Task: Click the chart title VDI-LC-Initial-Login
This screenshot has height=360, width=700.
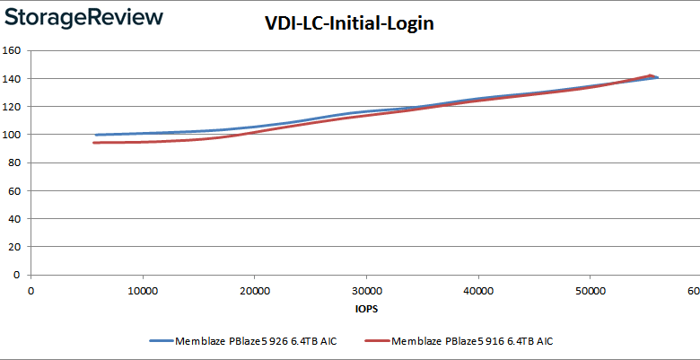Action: (x=351, y=24)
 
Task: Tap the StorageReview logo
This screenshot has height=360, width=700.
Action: (x=83, y=18)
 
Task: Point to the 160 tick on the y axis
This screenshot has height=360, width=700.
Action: (x=13, y=50)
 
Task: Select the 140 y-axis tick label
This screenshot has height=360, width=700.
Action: (x=13, y=78)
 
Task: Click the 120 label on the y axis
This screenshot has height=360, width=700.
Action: (x=13, y=106)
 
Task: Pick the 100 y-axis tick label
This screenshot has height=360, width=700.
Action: (x=13, y=135)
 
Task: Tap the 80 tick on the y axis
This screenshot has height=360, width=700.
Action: (x=15, y=162)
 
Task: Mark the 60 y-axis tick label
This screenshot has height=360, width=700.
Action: (x=15, y=190)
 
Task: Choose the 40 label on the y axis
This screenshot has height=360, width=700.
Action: (x=15, y=218)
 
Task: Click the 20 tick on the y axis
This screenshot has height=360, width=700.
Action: (x=15, y=247)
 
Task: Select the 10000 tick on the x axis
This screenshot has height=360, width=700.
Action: (x=143, y=291)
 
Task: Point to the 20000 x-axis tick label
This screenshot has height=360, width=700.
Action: (x=255, y=291)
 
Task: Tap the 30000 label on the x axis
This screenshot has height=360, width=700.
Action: (x=366, y=291)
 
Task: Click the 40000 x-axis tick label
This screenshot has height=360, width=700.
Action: (x=478, y=291)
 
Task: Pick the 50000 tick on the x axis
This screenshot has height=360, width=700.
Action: (x=590, y=291)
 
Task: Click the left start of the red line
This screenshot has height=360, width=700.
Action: (x=93, y=143)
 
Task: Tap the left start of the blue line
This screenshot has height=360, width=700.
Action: (x=96, y=135)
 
